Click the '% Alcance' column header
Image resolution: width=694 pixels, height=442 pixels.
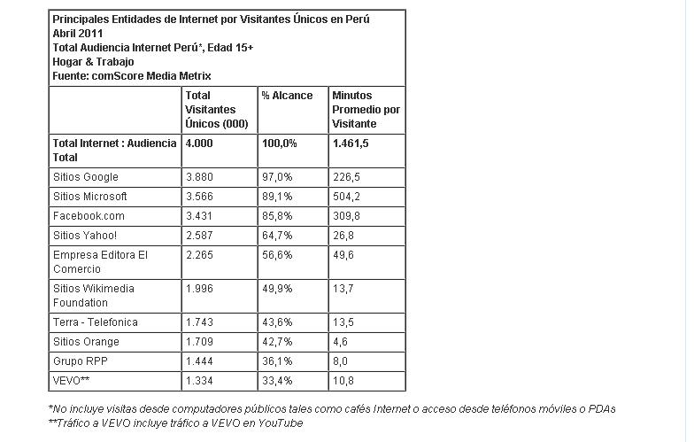tap(287, 96)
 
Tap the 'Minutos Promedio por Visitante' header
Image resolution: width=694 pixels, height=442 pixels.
tap(366, 109)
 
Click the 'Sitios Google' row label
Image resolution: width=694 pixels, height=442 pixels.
tap(86, 177)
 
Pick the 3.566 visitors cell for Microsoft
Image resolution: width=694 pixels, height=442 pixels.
tap(200, 197)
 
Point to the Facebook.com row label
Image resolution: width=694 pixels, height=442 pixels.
tap(89, 216)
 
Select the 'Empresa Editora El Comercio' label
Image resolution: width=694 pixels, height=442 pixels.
tap(100, 261)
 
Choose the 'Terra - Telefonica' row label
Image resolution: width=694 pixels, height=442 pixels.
tap(96, 322)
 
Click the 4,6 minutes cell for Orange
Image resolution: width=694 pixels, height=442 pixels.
tap(340, 342)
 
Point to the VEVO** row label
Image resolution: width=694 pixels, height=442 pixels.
tap(73, 381)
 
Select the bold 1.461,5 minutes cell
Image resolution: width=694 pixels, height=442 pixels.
tap(351, 143)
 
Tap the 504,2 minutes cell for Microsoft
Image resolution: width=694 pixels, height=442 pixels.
tap(345, 197)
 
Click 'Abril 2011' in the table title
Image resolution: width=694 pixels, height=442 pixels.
tap(79, 34)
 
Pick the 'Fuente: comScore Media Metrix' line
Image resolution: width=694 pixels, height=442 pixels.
tap(132, 76)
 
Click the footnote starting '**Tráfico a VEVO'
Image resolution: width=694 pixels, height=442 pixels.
tap(175, 423)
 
